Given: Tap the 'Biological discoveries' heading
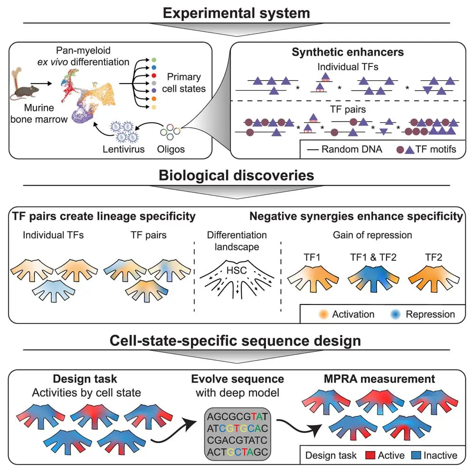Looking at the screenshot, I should pos(236,175).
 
